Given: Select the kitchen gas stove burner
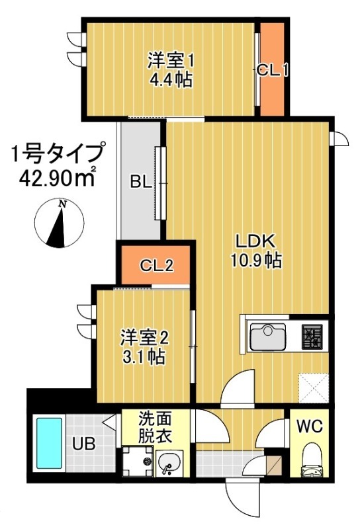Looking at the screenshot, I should pos(312,337).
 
